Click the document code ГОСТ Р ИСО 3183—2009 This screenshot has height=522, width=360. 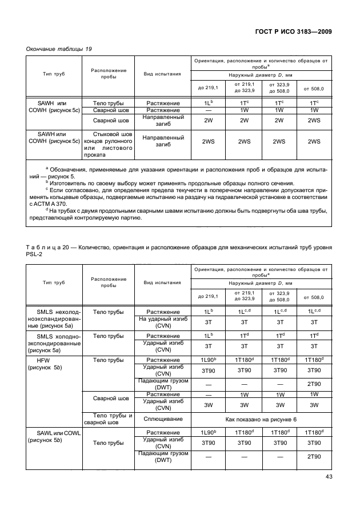(292, 31)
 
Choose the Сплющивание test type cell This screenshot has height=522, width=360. (163, 419)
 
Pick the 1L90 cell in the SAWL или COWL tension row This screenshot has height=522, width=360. (209, 432)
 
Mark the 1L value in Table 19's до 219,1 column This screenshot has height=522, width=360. (209, 103)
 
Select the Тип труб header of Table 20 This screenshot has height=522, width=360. (53, 282)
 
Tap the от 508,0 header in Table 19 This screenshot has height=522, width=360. (313, 89)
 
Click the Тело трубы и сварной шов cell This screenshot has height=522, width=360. (108, 419)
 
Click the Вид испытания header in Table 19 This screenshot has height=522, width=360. (163, 74)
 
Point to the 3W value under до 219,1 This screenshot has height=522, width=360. (209, 405)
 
